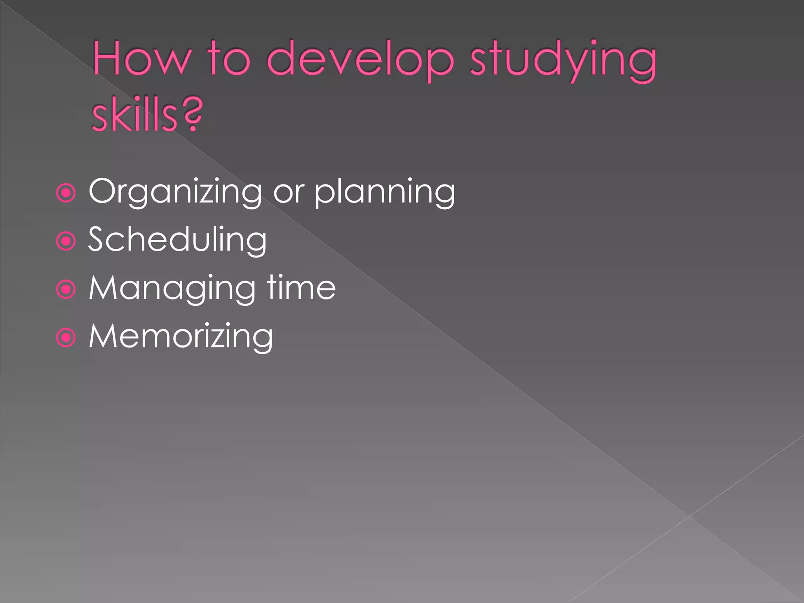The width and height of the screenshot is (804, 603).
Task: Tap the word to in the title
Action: [229, 59]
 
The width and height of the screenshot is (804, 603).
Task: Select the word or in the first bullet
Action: [289, 192]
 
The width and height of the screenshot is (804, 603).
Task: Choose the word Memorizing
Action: [181, 336]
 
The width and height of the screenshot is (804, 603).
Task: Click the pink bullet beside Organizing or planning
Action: [66, 193]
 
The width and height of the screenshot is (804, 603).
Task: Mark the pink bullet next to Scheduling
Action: [66, 241]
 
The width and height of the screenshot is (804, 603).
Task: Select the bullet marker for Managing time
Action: [66, 290]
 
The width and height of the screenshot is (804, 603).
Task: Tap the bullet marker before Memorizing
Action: [66, 338]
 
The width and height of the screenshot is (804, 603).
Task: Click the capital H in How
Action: [106, 59]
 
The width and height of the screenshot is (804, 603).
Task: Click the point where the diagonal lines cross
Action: [689, 516]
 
